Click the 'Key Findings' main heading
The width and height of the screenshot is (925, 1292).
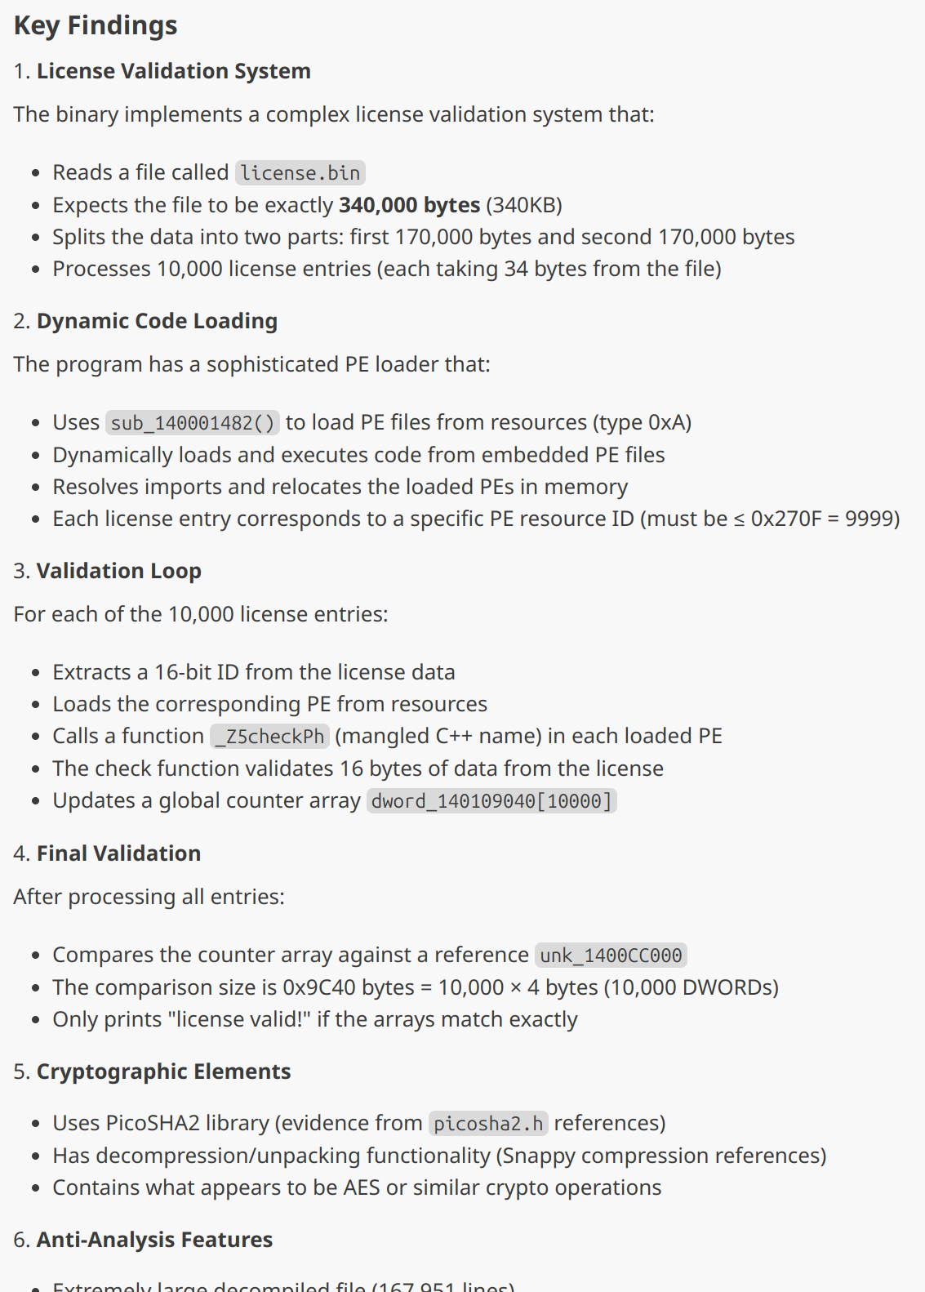pos(96,25)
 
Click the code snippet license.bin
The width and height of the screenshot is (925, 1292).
pos(300,173)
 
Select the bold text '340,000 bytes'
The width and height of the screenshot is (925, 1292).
pos(409,205)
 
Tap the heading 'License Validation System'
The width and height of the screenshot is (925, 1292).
pos(173,71)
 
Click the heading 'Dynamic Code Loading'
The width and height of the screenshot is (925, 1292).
pos(157,321)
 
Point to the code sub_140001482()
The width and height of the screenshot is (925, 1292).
pos(193,423)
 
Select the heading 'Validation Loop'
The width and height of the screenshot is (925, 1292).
pos(118,571)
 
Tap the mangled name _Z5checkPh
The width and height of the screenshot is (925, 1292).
pos(270,737)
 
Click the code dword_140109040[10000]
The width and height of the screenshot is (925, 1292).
pos(491,801)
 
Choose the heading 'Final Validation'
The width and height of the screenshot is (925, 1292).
pos(118,853)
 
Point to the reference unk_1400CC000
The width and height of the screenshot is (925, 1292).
pos(611,956)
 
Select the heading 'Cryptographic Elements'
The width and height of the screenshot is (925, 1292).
pos(163,1071)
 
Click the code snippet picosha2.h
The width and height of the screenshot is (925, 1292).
pos(488,1124)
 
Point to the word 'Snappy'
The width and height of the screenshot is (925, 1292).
pos(538,1156)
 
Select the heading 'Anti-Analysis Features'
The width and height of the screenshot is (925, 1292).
pos(154,1240)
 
